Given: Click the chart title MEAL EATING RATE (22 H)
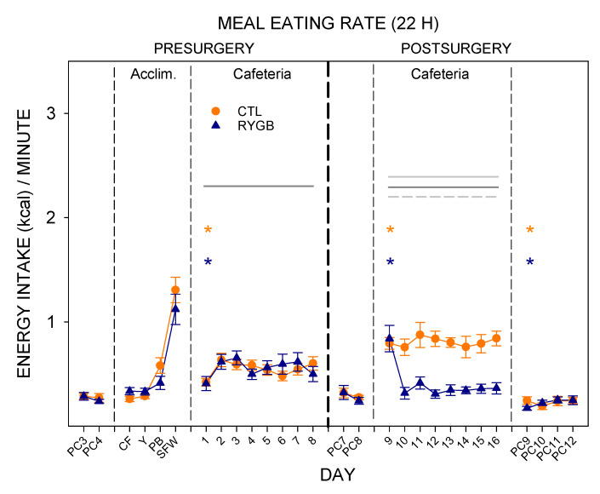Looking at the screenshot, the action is click(x=328, y=24).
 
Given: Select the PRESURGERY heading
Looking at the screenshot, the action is click(x=204, y=49).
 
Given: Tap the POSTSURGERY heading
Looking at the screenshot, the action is click(x=456, y=49).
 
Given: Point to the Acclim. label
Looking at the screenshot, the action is click(x=153, y=74).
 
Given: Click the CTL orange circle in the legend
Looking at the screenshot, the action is click(x=216, y=111).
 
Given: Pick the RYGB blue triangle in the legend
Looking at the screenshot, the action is click(x=216, y=125).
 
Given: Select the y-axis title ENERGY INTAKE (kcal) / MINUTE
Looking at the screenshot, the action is click(x=24, y=244).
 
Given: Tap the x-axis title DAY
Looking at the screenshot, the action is click(x=338, y=475).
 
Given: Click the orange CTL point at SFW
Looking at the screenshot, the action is click(x=175, y=290).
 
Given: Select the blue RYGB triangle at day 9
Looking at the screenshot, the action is click(x=390, y=338).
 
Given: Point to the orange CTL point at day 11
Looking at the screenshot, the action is click(x=420, y=335).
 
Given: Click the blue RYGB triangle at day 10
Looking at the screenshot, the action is click(x=405, y=392).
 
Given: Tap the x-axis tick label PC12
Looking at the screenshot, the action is click(x=564, y=449).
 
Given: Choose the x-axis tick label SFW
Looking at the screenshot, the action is click(x=169, y=447).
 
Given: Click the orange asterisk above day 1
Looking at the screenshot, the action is click(x=208, y=230).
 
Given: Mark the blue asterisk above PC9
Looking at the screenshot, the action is click(x=530, y=262).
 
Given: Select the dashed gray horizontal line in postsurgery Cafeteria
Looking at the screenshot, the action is click(x=443, y=197).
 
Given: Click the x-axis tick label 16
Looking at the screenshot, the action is click(x=494, y=442).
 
